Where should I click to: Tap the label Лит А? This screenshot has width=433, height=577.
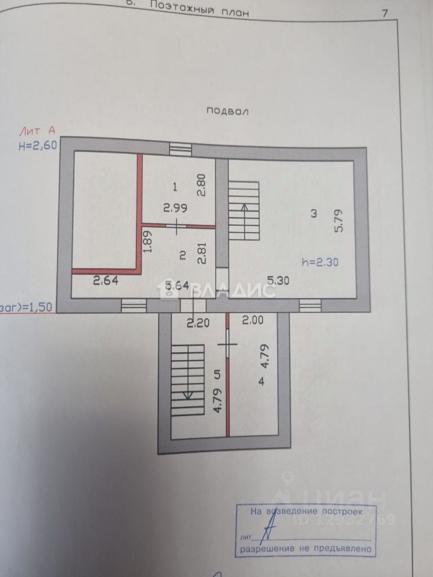(37, 130)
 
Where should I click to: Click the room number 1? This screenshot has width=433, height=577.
(175, 186)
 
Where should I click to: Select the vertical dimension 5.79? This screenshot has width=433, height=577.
(339, 221)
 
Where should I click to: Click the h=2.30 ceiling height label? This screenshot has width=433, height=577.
(319, 261)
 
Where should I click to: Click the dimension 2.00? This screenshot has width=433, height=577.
(253, 321)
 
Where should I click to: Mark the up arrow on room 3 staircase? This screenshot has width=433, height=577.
(245, 209)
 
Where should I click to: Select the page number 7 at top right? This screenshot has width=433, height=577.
(384, 13)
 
